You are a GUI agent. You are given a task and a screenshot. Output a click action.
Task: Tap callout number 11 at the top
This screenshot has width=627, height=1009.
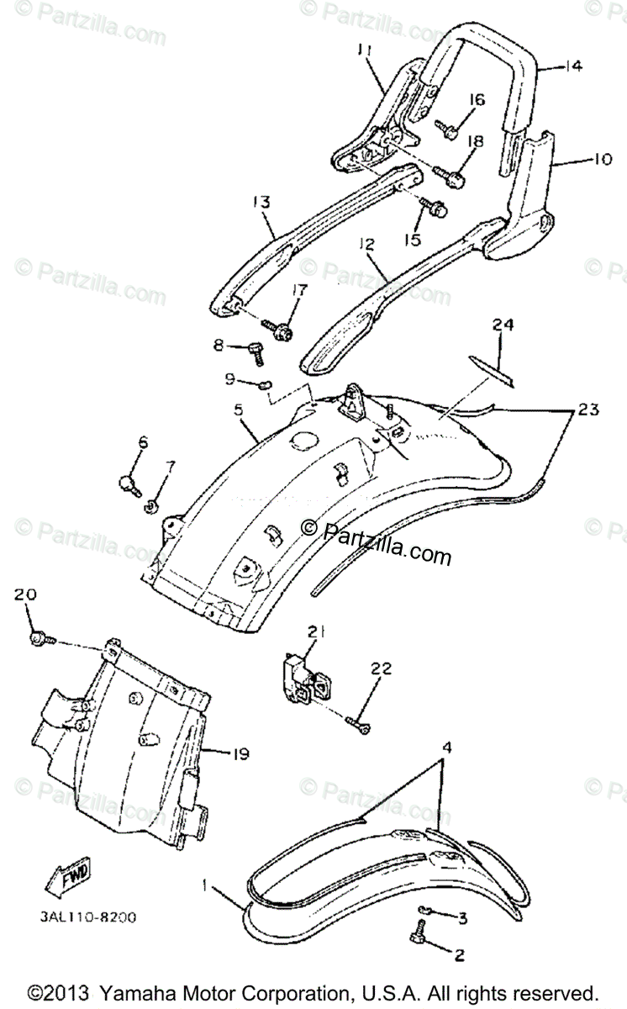click(x=364, y=50)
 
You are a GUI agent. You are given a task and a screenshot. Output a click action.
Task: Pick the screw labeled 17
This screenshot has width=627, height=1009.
click(x=281, y=330)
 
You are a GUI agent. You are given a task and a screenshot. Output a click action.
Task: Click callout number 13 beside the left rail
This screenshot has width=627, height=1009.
click(x=261, y=202)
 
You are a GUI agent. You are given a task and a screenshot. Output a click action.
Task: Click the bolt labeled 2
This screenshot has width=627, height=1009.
click(x=421, y=954)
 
